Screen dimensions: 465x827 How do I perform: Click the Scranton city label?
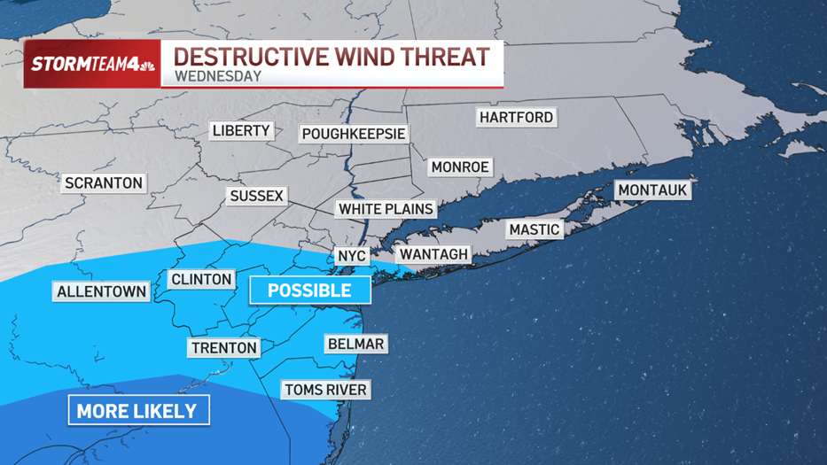click(x=104, y=183)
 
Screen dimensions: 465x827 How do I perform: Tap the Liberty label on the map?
click(x=241, y=130)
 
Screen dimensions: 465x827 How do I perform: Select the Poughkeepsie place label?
click(x=354, y=134)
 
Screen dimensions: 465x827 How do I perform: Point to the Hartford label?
click(x=516, y=117)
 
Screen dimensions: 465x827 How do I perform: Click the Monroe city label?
click(x=460, y=167)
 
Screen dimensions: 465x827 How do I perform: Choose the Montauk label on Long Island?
click(x=652, y=190)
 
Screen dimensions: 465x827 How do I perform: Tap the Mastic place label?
click(x=534, y=229)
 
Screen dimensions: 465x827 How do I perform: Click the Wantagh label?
click(x=433, y=254)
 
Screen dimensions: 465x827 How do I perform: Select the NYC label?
click(x=352, y=256)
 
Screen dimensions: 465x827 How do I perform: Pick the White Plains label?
click(x=386, y=209)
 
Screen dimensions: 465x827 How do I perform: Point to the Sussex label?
click(x=256, y=196)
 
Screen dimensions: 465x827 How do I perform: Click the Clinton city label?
click(x=201, y=279)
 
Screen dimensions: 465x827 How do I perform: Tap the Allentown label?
click(x=102, y=291)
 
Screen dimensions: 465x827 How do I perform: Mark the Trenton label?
click(x=224, y=348)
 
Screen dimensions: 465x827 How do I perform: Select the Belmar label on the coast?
click(x=355, y=344)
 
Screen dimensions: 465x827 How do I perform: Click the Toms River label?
click(x=325, y=390)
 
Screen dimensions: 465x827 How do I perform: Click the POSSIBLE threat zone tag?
click(x=309, y=291)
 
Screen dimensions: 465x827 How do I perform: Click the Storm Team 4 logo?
click(x=93, y=64)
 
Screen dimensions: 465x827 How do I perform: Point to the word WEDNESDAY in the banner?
click(x=218, y=76)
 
